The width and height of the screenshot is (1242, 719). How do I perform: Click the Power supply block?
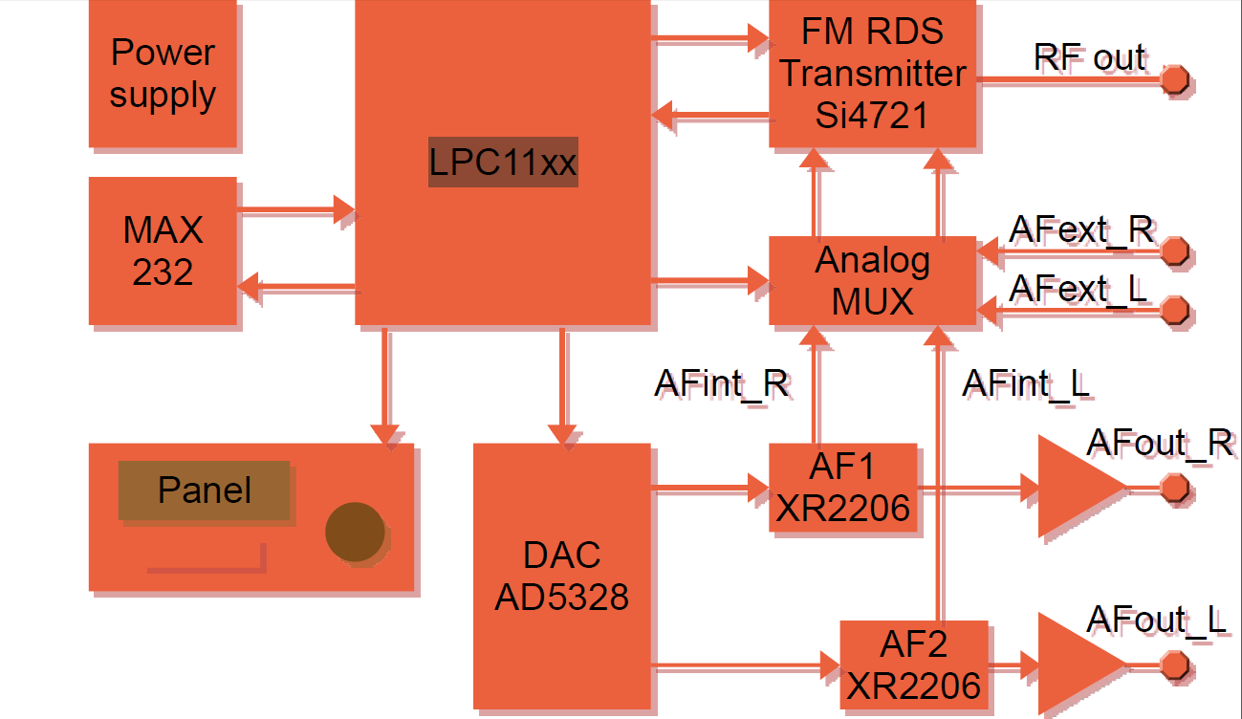tap(163, 74)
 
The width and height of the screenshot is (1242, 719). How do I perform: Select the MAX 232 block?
tap(163, 251)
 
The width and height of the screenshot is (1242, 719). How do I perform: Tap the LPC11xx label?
tap(502, 163)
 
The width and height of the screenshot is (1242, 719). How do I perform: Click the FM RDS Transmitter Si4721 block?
tap(872, 74)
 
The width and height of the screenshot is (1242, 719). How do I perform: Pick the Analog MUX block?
tap(872, 280)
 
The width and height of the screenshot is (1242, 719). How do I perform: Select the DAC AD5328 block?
tap(562, 577)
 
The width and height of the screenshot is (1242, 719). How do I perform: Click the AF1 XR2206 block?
tap(843, 488)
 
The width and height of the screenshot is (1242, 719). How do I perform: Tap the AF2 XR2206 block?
tap(914, 665)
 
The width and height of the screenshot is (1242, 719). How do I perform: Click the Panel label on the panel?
tap(205, 490)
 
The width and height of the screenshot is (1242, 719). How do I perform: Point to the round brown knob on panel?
tap(356, 532)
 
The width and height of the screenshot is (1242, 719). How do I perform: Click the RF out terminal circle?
tap(1174, 79)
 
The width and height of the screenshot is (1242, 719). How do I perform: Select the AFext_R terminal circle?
tap(1174, 251)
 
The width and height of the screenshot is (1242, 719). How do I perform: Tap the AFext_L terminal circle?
tap(1174, 310)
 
